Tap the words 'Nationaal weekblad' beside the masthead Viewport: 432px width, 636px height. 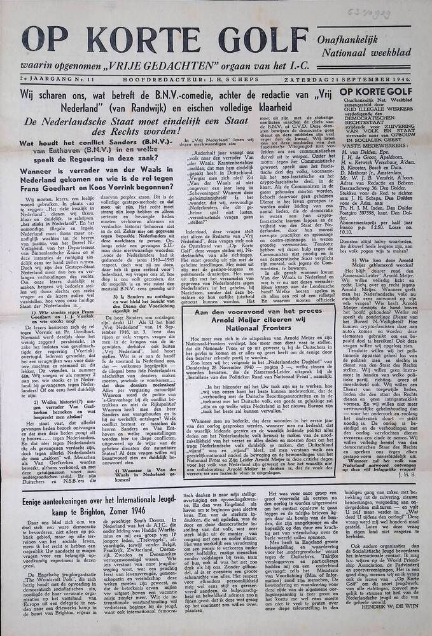pyautogui.click(x=370, y=52)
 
